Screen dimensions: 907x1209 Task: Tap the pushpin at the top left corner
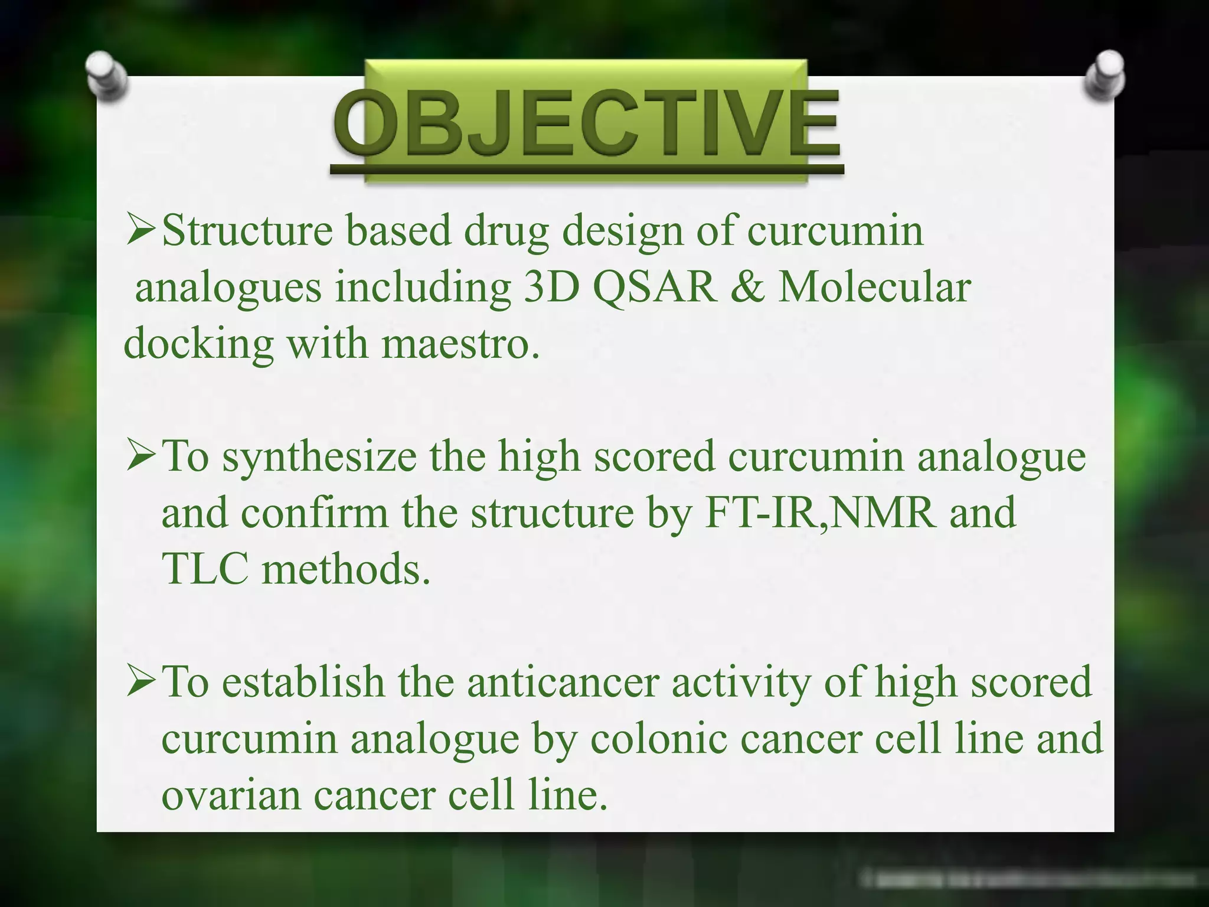coord(106,77)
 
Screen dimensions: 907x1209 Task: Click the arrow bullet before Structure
coord(140,231)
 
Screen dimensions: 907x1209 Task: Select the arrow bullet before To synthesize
coord(140,457)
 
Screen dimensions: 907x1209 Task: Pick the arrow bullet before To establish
coord(140,683)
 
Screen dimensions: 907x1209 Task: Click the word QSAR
coord(655,288)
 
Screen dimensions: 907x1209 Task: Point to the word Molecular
coord(874,288)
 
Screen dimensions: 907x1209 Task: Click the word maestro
coord(460,344)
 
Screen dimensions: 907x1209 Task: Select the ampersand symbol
coord(747,288)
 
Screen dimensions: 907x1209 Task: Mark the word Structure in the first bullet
coord(247,231)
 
